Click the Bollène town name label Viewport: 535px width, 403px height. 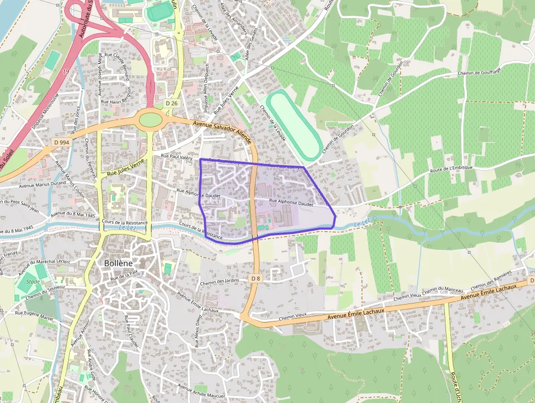point(118,263)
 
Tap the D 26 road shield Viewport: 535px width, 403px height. point(171,103)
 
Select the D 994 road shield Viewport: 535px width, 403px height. point(62,142)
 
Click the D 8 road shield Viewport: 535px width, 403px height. point(255,278)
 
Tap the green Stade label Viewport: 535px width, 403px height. point(25,283)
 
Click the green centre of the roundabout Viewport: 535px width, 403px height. point(151,119)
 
